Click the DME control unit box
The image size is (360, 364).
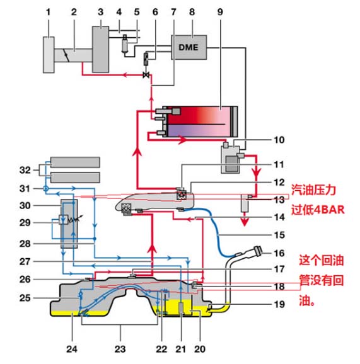[189, 47]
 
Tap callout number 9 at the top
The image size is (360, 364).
[220, 12]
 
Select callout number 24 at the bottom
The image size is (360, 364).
[72, 349]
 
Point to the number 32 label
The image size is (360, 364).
[25, 170]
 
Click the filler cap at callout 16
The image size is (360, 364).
[258, 251]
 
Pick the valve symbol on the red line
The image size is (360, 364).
[146, 75]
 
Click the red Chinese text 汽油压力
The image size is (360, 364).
[313, 190]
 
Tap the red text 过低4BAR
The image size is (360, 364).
[318, 210]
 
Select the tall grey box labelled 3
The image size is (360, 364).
[100, 49]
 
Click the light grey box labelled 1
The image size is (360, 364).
[49, 55]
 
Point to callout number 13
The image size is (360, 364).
[279, 200]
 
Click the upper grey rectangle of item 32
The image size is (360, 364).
[75, 162]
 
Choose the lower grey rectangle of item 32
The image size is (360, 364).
[75, 178]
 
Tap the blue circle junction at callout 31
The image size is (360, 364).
[46, 188]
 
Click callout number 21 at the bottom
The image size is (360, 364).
[180, 349]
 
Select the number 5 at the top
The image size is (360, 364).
[137, 12]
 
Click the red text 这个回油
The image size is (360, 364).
[321, 260]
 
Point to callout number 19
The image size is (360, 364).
[279, 304]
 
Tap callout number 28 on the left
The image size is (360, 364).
[25, 244]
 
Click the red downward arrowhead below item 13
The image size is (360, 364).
[244, 222]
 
